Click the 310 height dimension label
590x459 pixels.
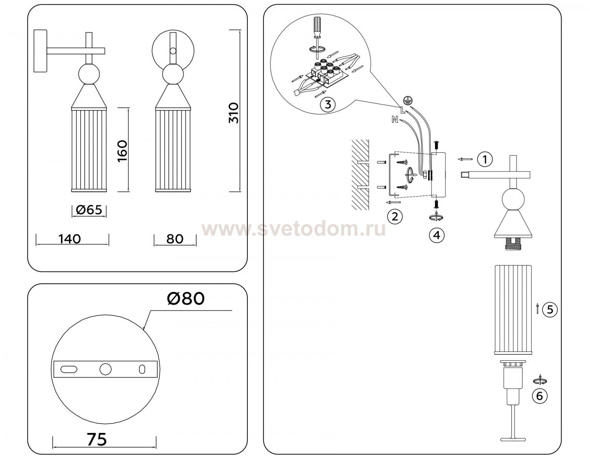(x=234, y=113)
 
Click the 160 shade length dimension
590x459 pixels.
(x=122, y=151)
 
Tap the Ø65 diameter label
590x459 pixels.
(x=89, y=210)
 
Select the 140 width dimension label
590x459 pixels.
(x=70, y=239)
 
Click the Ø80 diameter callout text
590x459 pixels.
(x=186, y=299)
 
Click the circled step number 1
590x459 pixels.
(x=485, y=159)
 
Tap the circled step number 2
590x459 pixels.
(x=395, y=217)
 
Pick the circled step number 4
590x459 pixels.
(x=437, y=235)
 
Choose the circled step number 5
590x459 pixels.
(x=550, y=310)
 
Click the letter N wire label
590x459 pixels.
(x=395, y=119)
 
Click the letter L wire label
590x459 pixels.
(x=403, y=110)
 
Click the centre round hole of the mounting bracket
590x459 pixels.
(x=105, y=369)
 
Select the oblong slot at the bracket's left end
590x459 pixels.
(x=69, y=369)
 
